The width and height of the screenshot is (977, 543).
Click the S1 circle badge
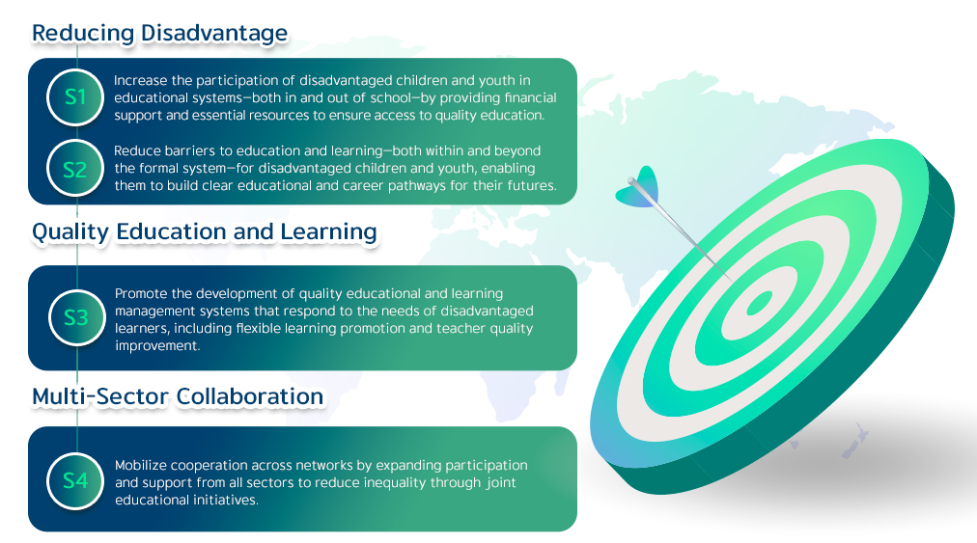coord(75,97)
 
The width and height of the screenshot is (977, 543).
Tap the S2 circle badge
coord(75,169)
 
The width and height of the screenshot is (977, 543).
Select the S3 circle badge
coord(76,317)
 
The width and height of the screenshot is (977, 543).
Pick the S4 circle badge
coord(75,480)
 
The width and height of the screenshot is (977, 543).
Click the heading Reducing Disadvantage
coord(159,33)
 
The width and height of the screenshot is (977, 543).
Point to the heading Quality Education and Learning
coord(205,231)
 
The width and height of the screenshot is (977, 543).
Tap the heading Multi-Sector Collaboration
coord(178,396)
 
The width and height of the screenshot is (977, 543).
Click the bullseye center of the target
coord(759,304)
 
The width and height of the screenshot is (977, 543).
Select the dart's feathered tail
coord(639,187)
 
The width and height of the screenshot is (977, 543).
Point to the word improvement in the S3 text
coord(157,346)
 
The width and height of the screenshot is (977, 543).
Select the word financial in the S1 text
coord(530,97)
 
